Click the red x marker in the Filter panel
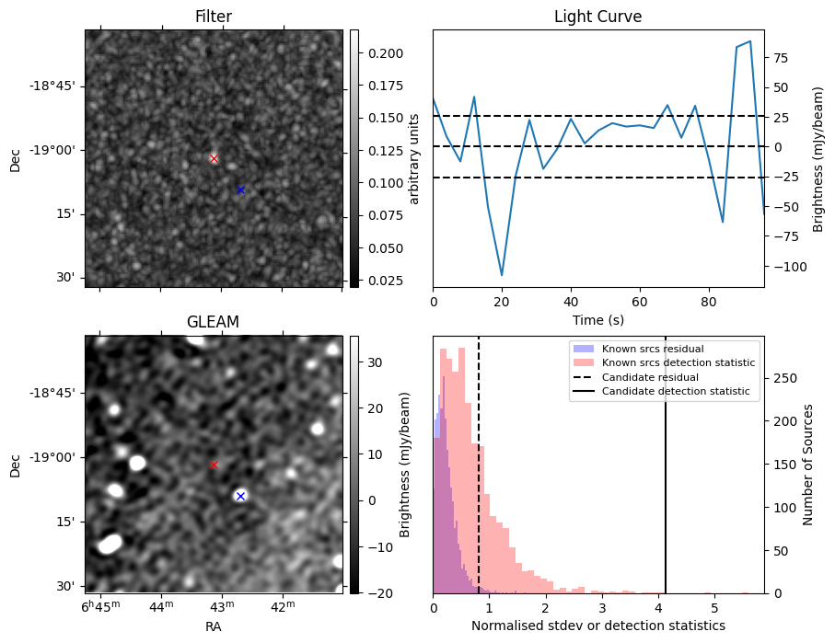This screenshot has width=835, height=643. click(214, 158)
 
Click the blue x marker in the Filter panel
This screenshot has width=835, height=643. click(240, 189)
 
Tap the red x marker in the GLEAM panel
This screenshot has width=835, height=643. click(214, 465)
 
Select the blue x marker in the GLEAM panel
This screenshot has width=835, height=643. click(240, 496)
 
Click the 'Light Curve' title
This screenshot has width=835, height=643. click(597, 17)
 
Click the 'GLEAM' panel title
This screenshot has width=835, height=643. click(213, 322)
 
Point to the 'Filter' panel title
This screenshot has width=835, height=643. click(213, 17)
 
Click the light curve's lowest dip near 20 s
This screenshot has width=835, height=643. click(502, 275)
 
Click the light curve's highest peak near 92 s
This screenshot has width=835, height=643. click(750, 41)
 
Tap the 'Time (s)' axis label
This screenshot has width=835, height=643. click(597, 318)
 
